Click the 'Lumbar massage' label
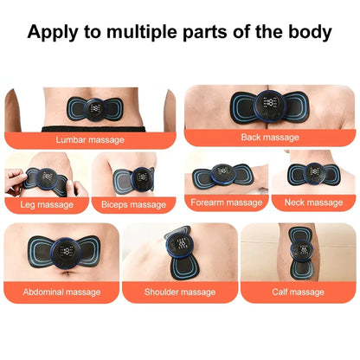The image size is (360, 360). coord(90,138)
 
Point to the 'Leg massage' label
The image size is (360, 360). coord(46,204)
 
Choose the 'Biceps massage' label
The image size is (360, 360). coord(134,204)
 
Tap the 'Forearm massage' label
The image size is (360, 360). coord(228,202)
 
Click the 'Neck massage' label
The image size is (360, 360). coord(313,202)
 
